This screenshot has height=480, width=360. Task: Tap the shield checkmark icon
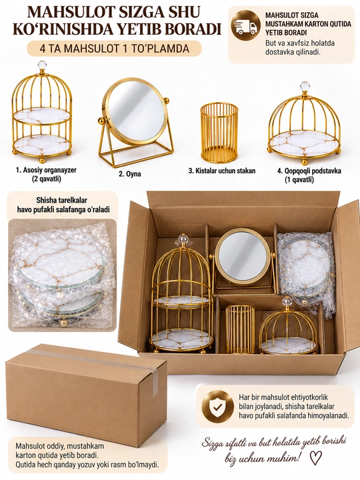(x=217, y=407)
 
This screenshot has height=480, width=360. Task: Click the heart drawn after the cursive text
(x=315, y=458)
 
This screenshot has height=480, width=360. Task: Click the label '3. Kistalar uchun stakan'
(x=221, y=171)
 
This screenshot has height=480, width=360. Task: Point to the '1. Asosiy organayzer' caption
(x=46, y=170)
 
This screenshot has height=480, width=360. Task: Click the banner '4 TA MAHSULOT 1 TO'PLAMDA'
(x=115, y=49)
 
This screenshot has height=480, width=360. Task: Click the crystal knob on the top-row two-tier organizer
(x=41, y=65)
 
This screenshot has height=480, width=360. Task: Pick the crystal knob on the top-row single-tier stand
(x=304, y=86)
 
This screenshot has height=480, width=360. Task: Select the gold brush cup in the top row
(x=219, y=133)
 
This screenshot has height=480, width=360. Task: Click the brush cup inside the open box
(x=240, y=329)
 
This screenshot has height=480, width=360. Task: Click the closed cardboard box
(x=87, y=395)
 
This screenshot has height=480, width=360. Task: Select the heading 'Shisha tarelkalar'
(x=61, y=200)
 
